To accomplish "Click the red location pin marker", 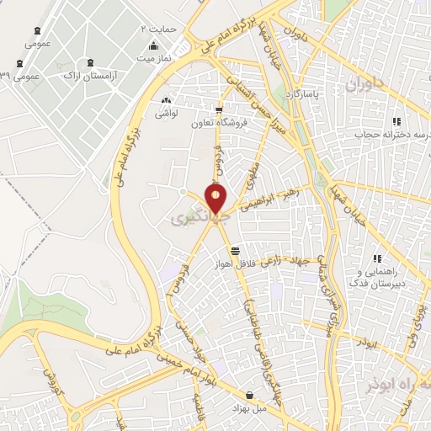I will pos(216,200).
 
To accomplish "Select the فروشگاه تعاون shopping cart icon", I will pos(220,110).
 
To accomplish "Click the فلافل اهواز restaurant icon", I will pos(235,250).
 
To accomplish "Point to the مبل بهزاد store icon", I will pos(250,395).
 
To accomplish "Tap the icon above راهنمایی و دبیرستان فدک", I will pos(379,258).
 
